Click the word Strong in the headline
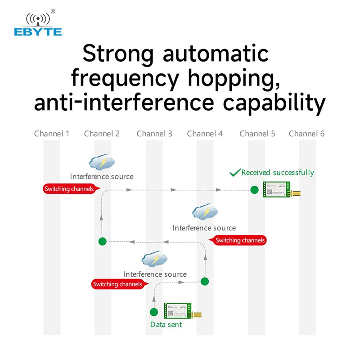118,54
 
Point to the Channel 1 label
52,134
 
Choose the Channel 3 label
154,134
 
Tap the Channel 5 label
257,134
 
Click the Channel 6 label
306,134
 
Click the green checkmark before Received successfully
235,173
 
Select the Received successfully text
278,173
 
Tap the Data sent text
166,324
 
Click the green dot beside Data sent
154,312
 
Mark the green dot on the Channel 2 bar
103,241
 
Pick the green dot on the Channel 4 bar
205,282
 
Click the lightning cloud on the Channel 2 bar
102,162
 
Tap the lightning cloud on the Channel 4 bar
205,212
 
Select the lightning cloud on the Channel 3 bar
154,259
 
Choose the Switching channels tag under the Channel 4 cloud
239,240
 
